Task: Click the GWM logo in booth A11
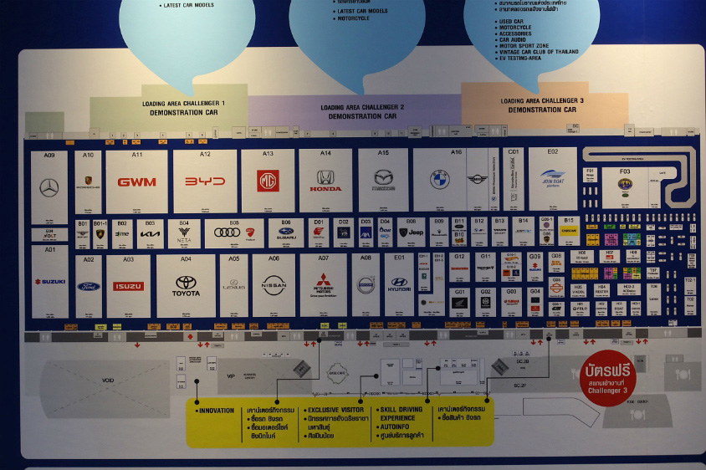(x=136, y=181)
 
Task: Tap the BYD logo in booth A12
(x=205, y=181)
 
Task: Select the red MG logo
(x=268, y=181)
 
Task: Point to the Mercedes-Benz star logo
(x=49, y=188)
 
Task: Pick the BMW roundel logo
(x=440, y=180)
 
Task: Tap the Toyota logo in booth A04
(x=186, y=284)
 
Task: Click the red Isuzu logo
(x=128, y=286)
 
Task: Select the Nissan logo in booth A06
(x=274, y=284)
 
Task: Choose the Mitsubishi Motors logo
(x=323, y=284)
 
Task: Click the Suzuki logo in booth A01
(x=49, y=282)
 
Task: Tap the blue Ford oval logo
(x=89, y=286)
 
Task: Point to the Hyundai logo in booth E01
(x=399, y=284)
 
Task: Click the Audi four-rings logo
(x=227, y=232)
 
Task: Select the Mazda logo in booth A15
(x=383, y=178)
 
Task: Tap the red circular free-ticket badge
(x=607, y=377)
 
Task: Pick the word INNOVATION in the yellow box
(x=217, y=411)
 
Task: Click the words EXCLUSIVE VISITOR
(x=336, y=410)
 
